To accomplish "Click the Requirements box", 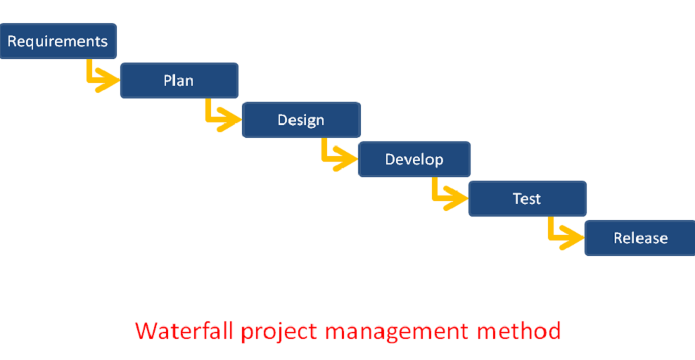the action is coord(58,41).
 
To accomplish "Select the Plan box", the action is coord(179,81).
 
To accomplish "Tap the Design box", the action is coord(301,120).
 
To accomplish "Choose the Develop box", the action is coord(414,160).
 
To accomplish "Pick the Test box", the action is coord(528,199).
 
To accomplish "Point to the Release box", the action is coord(640,238).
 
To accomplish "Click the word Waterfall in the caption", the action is coord(184,330).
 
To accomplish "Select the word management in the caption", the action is coord(397,333).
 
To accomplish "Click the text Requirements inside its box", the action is coord(58,41).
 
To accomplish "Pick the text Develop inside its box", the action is coord(414,160).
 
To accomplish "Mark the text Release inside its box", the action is coord(640,238).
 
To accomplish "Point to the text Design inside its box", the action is coord(301,120).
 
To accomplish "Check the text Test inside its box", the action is coord(527,199).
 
